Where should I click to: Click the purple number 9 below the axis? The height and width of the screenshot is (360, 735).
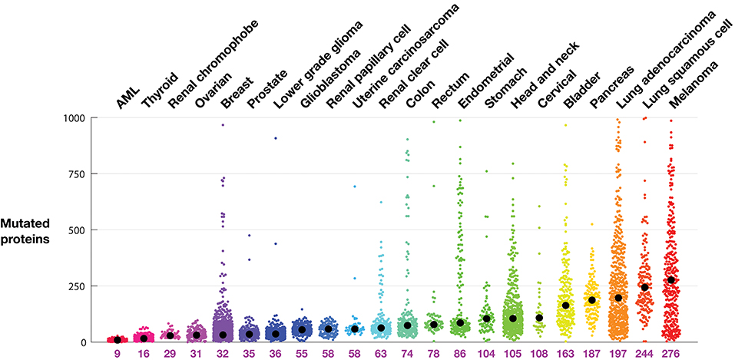(117, 354)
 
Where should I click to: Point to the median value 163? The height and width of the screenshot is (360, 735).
(565, 354)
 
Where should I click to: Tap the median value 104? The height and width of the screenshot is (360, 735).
(486, 354)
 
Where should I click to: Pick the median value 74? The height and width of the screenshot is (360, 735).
(407, 354)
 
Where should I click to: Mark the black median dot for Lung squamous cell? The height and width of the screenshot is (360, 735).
(645, 287)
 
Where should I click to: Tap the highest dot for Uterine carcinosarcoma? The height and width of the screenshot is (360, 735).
(355, 187)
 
